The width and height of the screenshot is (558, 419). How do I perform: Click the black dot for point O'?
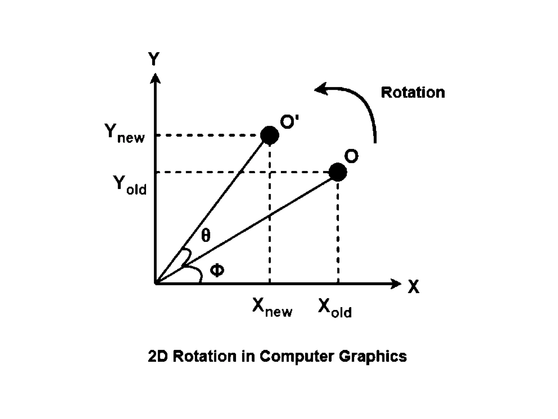269,135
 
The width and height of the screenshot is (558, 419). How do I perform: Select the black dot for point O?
338,172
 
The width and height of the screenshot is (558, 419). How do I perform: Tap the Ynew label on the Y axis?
125,133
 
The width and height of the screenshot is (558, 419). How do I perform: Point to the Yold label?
130,185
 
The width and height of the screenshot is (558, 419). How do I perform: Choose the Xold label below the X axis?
335,308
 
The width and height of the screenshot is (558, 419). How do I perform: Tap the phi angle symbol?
217,271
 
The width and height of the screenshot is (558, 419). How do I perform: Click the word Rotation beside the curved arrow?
413,92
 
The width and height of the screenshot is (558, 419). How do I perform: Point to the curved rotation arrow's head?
320,89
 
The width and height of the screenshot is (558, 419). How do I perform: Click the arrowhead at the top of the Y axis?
155,78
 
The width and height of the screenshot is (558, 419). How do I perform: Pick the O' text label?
289,122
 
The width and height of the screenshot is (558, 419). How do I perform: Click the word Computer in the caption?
296,356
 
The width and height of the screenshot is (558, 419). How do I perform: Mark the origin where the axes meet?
156,284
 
